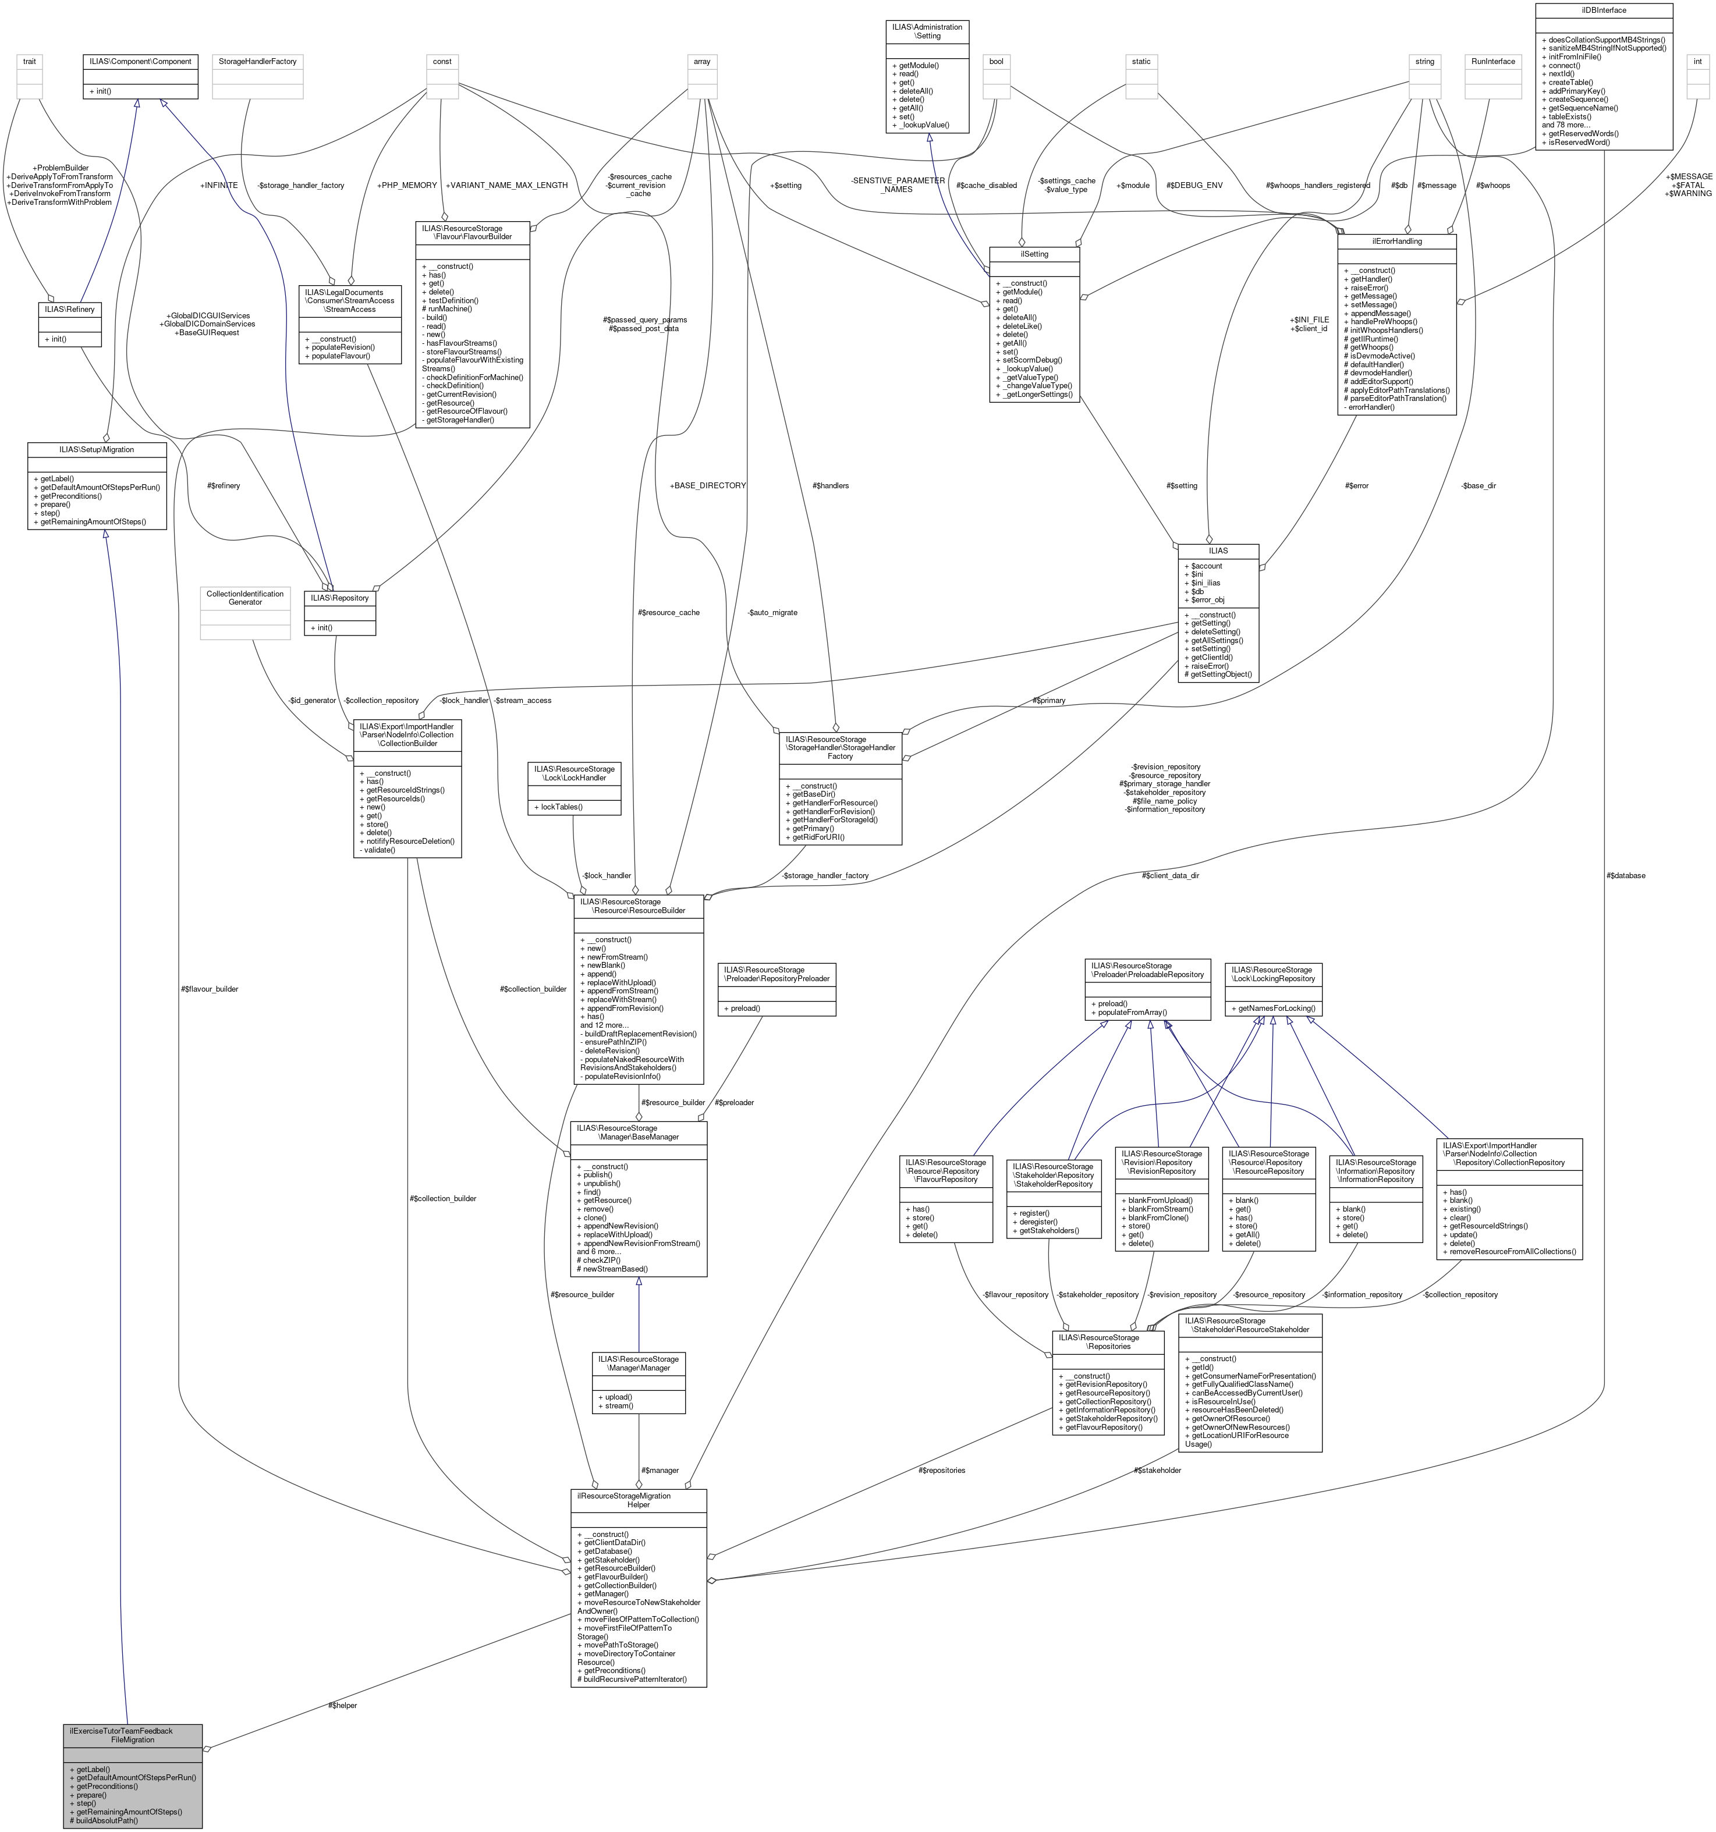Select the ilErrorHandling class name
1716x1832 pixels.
coord(1396,242)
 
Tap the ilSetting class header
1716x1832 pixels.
coord(1034,253)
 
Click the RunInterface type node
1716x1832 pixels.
coord(1493,62)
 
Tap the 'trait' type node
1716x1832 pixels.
coord(30,62)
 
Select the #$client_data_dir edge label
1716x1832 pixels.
coord(1169,875)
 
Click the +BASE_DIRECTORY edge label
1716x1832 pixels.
coord(708,486)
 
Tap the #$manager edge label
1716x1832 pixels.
coord(660,1471)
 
